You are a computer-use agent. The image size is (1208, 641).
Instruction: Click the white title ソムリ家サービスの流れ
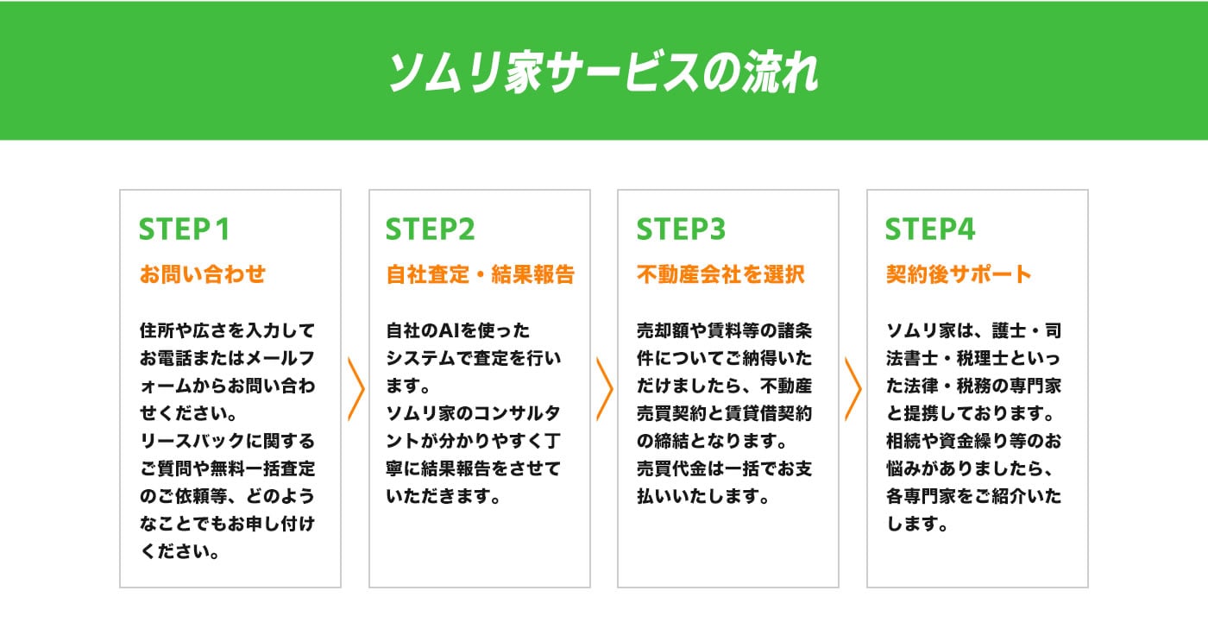click(x=603, y=72)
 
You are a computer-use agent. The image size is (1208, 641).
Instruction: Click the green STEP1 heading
click(x=185, y=229)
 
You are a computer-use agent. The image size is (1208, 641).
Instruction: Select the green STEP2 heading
click(x=430, y=229)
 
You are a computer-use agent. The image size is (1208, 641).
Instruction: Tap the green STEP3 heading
click(x=681, y=229)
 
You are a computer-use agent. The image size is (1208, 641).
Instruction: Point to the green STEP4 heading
click(x=930, y=229)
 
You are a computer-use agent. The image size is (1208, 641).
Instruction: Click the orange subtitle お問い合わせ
click(x=203, y=274)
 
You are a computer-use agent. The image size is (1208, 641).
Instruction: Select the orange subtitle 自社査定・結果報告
click(x=481, y=274)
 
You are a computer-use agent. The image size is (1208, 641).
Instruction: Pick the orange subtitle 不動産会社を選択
click(x=720, y=274)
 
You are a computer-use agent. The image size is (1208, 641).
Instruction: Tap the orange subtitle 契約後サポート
click(x=959, y=274)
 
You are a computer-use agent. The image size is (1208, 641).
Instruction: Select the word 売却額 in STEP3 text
click(x=663, y=330)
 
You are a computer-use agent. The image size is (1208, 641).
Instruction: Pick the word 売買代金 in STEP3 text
click(x=671, y=468)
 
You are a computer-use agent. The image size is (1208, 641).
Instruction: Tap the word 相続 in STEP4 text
click(x=903, y=441)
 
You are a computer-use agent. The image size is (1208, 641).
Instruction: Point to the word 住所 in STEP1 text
click(x=157, y=330)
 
